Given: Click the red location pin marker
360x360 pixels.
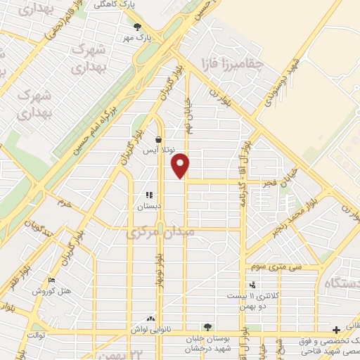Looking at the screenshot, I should coord(181,165).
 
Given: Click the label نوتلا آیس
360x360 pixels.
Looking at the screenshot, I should coord(157,151).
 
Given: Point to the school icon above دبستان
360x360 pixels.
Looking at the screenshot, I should coord(148,195).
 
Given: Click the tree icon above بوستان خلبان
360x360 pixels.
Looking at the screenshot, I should coord(207,326).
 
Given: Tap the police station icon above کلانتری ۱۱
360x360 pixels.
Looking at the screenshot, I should coord(252,285).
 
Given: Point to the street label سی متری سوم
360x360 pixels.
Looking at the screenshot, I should coord(278,268).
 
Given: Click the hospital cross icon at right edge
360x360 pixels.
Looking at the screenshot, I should coord(336,329).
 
